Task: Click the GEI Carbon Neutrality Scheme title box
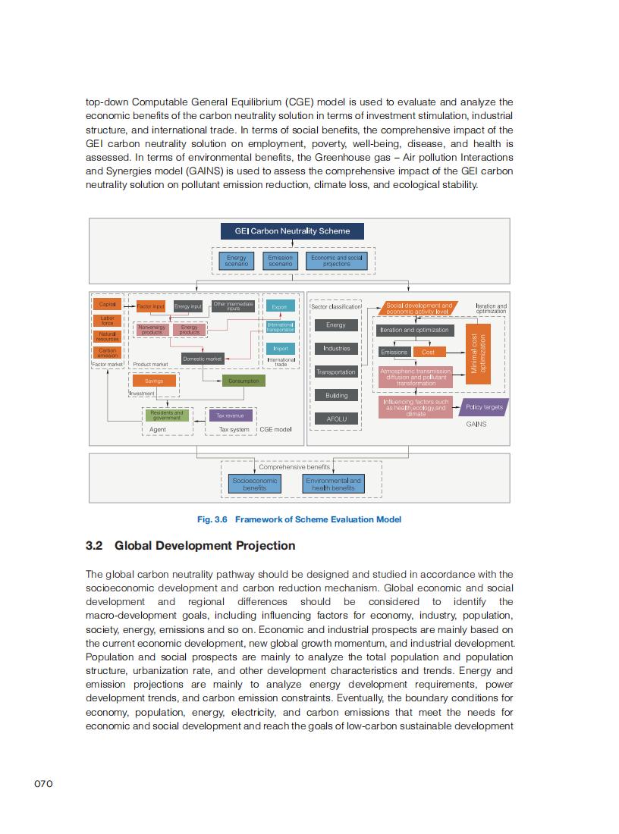292,230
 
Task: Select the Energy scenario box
237,261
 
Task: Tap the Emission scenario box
280,261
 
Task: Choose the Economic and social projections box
337,261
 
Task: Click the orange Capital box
107,304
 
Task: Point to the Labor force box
107,320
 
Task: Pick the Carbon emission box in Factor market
107,352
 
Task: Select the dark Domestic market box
202,359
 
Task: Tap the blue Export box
279,307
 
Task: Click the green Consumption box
244,381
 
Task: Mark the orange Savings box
154,381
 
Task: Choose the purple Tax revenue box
231,415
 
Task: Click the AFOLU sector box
336,419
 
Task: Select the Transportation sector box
336,372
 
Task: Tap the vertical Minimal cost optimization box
478,353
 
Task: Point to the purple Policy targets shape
484,407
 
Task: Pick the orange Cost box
428,352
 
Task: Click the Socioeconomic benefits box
255,484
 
